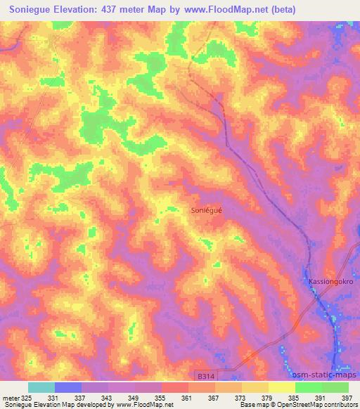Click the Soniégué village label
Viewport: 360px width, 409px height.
click(x=208, y=209)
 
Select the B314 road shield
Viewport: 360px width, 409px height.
click(x=225, y=377)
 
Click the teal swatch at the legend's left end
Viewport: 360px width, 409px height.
click(x=41, y=387)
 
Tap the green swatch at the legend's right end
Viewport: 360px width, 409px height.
click(x=335, y=387)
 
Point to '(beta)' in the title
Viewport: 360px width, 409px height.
click(x=281, y=10)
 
